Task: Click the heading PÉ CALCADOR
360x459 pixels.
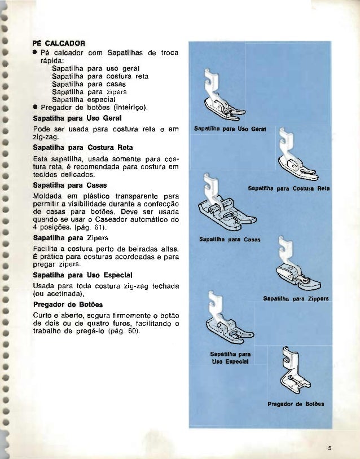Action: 58,42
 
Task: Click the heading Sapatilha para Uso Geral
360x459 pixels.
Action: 72,119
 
